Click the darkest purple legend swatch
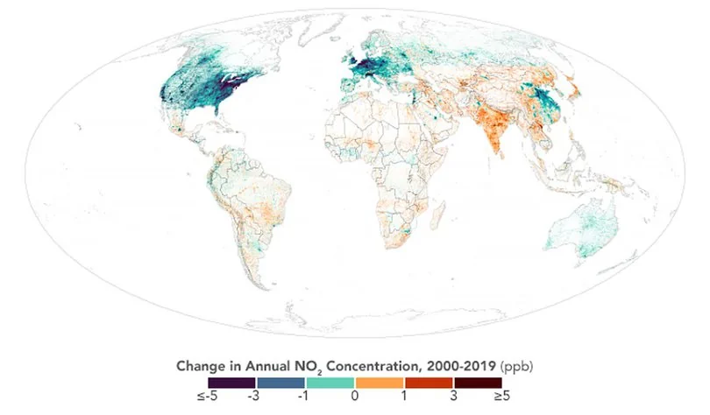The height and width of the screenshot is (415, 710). (x=231, y=383)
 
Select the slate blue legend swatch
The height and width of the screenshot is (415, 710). (x=280, y=383)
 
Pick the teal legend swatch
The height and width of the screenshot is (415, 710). (x=330, y=383)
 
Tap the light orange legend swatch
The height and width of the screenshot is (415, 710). (x=380, y=383)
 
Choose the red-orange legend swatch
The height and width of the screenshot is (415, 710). (x=429, y=383)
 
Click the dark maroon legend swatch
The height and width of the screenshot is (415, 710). (x=478, y=383)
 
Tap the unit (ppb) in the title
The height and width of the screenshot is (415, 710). (x=507, y=364)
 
